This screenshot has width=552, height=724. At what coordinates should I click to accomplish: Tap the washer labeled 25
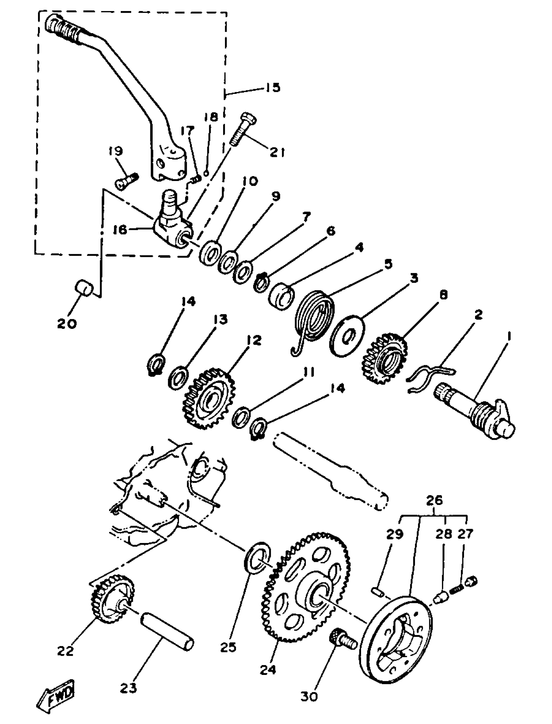point(257,562)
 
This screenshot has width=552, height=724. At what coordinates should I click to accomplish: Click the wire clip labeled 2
point(431,378)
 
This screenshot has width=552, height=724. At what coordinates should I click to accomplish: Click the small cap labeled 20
point(84,287)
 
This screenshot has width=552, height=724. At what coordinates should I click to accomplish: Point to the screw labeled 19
point(127,182)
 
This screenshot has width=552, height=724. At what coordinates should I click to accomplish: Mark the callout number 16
point(120,230)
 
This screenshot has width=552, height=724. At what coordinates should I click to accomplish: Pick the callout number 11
point(308,372)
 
